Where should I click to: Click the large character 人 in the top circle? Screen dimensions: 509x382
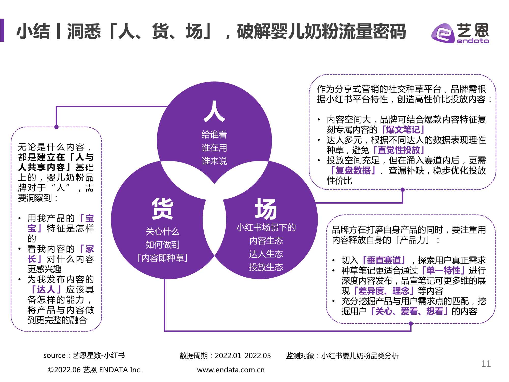tap(214, 111)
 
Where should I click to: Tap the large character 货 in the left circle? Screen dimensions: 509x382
tap(162, 209)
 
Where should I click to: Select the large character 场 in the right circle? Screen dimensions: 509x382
tap(266, 209)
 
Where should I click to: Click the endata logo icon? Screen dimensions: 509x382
tap(443, 33)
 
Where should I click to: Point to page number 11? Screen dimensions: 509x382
tap(486, 364)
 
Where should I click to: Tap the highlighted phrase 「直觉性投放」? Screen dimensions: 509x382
tap(399, 150)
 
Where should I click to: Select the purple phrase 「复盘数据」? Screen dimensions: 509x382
tap(352, 170)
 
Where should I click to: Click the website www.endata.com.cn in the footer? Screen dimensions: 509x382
tap(231, 370)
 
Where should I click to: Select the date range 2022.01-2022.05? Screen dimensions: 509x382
tap(243, 356)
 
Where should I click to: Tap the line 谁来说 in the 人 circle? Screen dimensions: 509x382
tap(214, 161)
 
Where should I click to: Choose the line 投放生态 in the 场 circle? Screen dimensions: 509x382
tap(266, 267)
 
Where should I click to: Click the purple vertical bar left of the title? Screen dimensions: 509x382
tap(2, 30)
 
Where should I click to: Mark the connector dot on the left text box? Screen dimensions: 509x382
tap(56, 127)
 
